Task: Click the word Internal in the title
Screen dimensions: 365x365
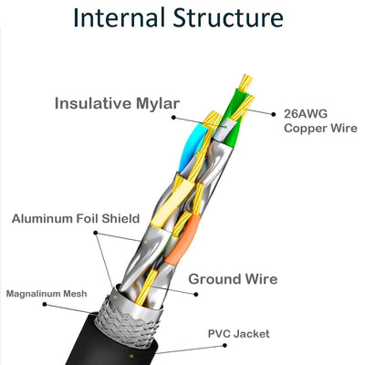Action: pos(119,17)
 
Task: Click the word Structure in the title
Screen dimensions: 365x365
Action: pos(228,17)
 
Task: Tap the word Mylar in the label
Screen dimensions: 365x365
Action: pos(158,104)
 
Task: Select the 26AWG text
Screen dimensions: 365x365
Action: pos(306,114)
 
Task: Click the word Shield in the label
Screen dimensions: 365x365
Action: pos(120,219)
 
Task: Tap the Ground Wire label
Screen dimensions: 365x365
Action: pos(233,279)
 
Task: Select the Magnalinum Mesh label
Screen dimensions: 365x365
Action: pos(47,294)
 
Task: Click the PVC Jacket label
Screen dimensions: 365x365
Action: pos(239,334)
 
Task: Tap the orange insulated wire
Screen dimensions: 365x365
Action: pos(182,238)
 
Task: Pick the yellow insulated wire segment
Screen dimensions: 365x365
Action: pos(172,203)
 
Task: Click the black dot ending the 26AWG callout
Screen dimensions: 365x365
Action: pos(274,114)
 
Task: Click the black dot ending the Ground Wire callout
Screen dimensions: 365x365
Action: pos(196,294)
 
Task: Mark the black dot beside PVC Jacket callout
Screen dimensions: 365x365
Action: pos(224,345)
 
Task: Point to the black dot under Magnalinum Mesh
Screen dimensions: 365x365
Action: pos(45,304)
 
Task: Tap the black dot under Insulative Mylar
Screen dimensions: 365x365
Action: pos(173,118)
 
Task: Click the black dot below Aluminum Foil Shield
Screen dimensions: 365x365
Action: pos(96,233)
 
